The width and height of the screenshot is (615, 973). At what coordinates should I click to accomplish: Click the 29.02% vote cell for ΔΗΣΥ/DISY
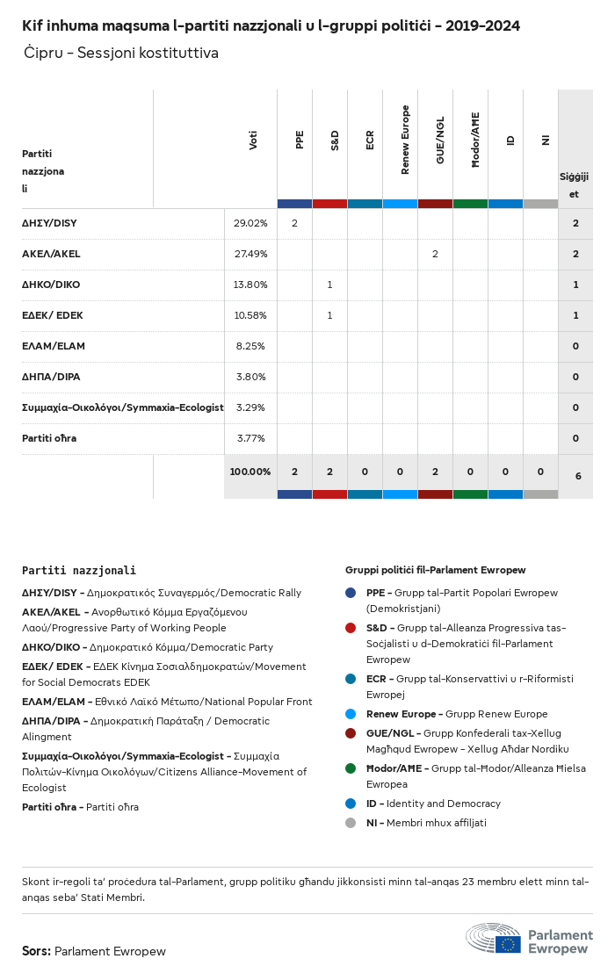[x=250, y=223]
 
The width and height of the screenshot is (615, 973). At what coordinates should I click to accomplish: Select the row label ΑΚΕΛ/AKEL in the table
[x=51, y=254]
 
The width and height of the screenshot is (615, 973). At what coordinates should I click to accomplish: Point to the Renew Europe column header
[x=405, y=140]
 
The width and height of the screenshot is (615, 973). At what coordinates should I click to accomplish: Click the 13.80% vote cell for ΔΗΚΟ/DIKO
[x=250, y=285]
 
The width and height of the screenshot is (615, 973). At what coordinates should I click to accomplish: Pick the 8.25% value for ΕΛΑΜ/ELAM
[x=253, y=346]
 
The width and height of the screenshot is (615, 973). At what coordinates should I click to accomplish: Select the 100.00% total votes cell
[x=250, y=472]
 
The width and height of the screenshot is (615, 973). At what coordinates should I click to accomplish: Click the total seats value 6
[x=577, y=476]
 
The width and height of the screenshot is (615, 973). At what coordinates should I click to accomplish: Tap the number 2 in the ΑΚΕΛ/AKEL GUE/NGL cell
[x=435, y=254]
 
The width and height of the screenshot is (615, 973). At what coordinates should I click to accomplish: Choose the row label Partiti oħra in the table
[x=49, y=438]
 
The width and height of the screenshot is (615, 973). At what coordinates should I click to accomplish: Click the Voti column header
[x=253, y=140]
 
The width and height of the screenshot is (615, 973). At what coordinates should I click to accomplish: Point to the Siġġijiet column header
[x=575, y=185]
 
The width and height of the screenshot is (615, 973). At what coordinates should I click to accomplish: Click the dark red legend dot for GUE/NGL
[x=351, y=733]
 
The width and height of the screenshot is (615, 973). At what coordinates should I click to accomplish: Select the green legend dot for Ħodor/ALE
[x=351, y=768]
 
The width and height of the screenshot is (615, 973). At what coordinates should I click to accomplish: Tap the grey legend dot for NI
[x=351, y=823]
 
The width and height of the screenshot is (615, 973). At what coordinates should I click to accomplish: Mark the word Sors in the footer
[x=36, y=951]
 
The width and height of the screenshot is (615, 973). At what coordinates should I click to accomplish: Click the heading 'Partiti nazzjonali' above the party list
[x=79, y=571]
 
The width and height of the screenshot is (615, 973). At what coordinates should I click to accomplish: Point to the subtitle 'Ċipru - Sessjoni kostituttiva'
[x=121, y=54]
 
